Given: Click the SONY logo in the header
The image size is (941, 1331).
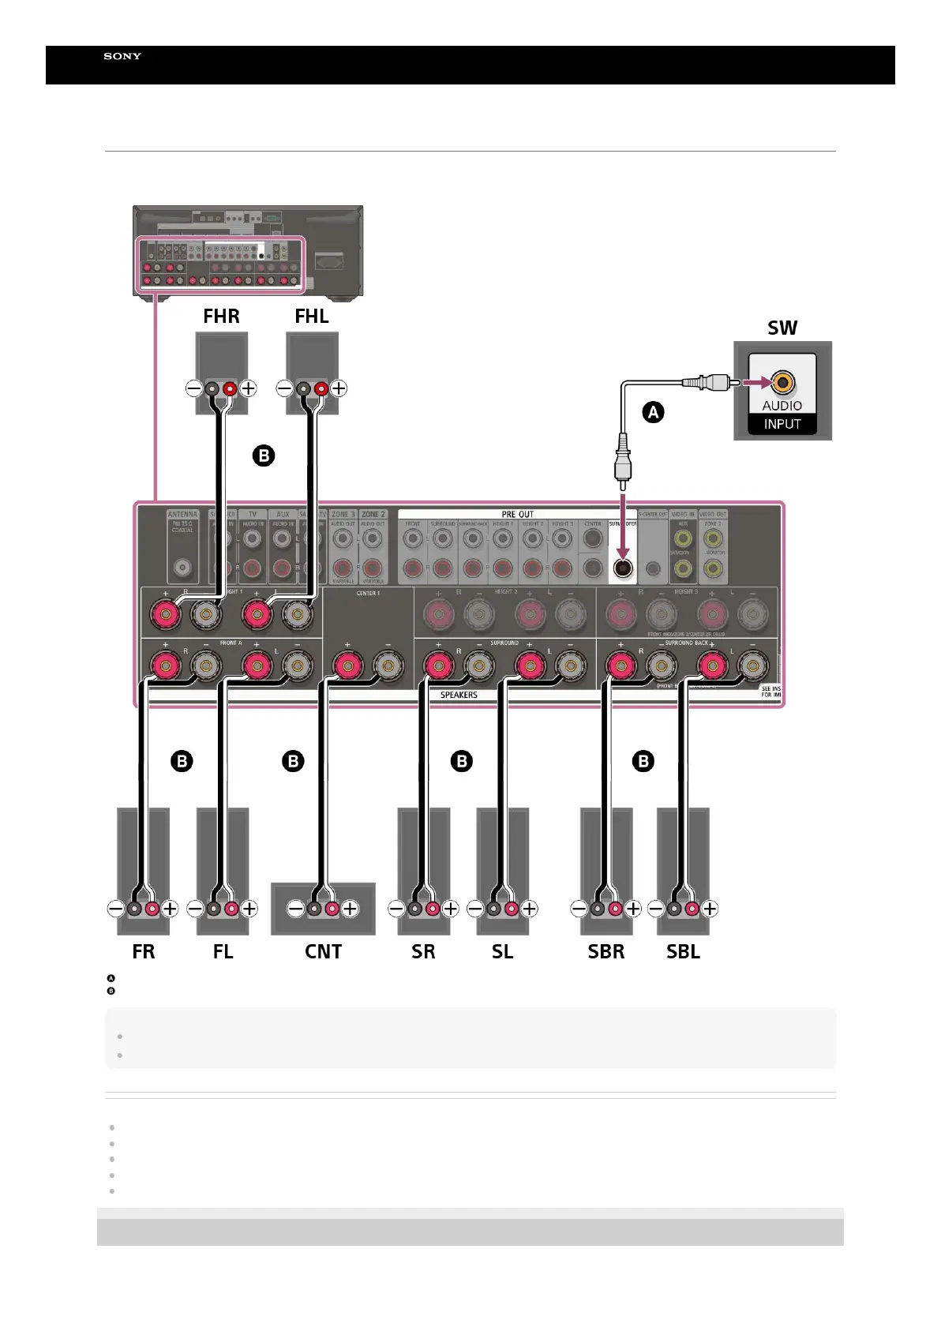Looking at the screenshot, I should (122, 56).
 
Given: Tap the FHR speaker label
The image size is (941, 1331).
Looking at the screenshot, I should (221, 317).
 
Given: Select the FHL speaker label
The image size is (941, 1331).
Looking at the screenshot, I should (312, 317).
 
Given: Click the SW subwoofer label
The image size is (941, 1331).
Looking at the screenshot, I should (782, 328).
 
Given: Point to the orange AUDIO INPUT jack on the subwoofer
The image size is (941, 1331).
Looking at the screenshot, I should (782, 383).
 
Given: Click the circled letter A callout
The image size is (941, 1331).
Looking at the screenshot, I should (653, 412).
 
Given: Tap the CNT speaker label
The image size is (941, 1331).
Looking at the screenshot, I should (323, 951).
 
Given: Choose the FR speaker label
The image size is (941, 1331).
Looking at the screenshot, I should (144, 951).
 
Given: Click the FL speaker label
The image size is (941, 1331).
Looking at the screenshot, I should (223, 951).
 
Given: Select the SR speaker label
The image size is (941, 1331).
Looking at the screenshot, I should (423, 951).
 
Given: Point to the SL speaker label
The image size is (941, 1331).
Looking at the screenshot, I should (502, 951).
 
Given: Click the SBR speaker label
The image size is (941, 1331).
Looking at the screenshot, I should (605, 951).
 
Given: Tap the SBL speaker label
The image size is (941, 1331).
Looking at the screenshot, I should (683, 951).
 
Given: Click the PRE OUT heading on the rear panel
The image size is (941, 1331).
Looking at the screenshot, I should (517, 514).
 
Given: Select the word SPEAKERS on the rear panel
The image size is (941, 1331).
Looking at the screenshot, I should (459, 695).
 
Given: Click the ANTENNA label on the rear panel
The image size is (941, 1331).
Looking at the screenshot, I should (182, 515).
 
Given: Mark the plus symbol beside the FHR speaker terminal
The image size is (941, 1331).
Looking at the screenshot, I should (248, 388).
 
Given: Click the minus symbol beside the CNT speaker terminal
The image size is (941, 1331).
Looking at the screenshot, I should (295, 909).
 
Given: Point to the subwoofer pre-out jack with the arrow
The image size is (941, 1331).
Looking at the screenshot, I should (623, 567).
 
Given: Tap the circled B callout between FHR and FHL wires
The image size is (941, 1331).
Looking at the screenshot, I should (264, 456).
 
